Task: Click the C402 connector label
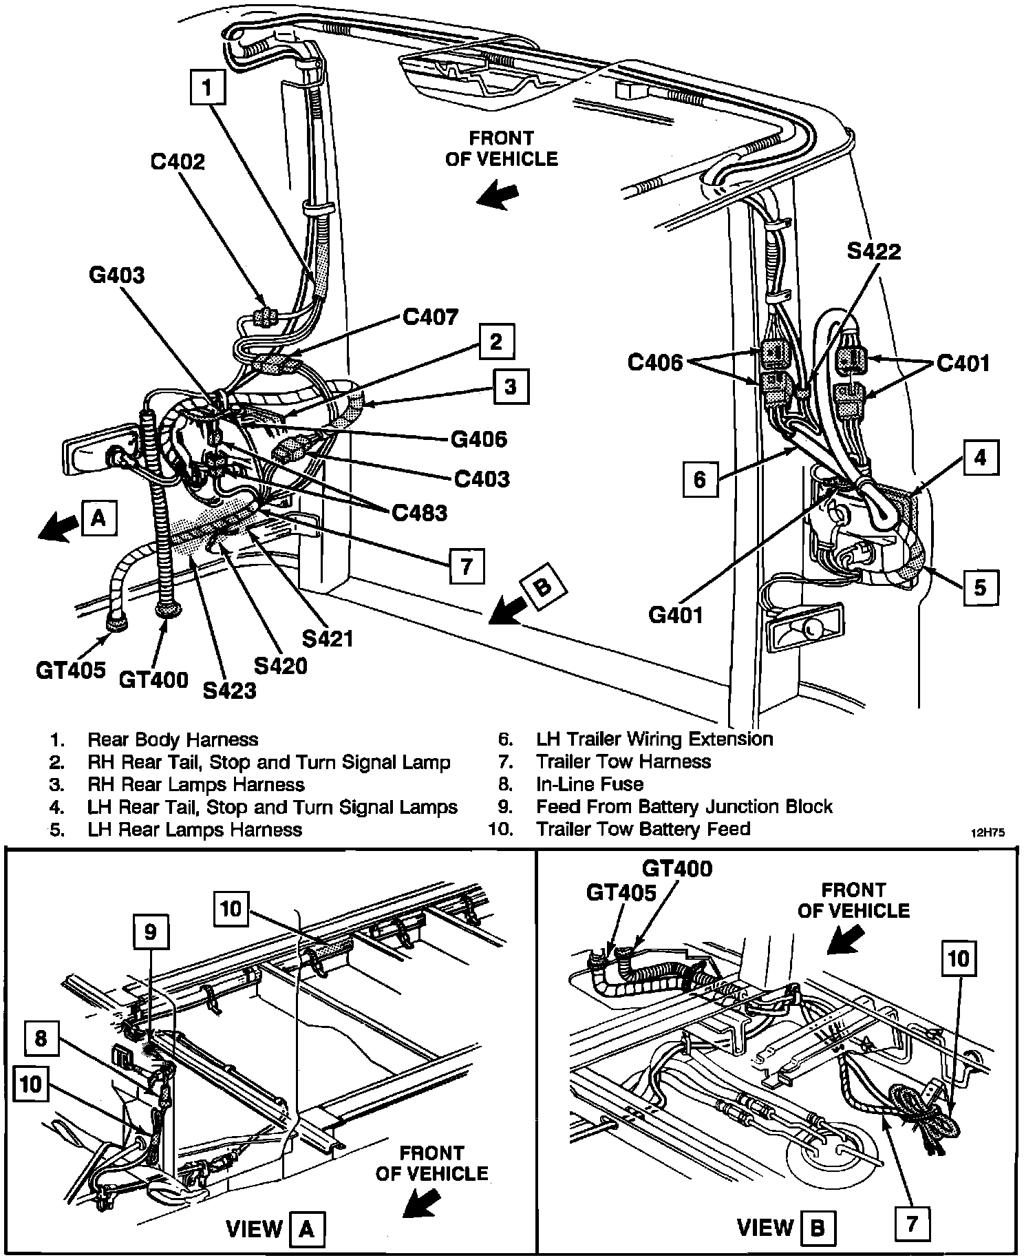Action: click(178, 162)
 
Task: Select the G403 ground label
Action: click(117, 275)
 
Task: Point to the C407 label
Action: click(430, 317)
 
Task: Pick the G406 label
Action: click(479, 439)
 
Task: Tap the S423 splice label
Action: click(230, 689)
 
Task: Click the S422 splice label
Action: click(874, 252)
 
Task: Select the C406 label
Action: click(654, 362)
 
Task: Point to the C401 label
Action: click(963, 363)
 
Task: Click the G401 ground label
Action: click(676, 613)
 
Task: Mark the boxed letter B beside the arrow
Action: click(542, 587)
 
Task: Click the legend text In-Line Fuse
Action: click(590, 784)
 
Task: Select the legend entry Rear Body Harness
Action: click(173, 740)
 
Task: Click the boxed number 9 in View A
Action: click(150, 932)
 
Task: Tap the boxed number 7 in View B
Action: click(913, 1223)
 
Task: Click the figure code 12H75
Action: click(988, 832)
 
